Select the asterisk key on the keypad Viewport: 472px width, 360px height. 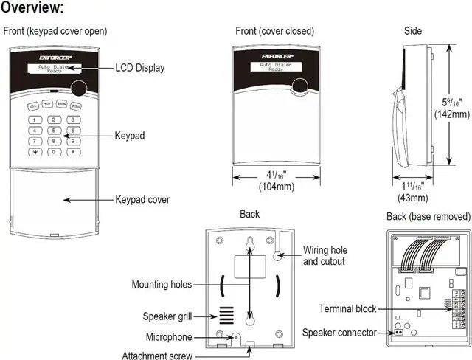34,151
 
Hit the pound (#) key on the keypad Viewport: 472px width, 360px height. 72,151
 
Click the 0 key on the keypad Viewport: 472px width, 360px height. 53,151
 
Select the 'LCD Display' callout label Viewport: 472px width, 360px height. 139,68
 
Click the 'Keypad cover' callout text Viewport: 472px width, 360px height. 142,199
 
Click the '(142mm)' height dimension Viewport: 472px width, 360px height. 451,114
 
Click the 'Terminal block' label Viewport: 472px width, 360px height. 347,308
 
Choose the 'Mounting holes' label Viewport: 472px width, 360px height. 161,284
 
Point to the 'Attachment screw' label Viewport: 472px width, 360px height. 157,356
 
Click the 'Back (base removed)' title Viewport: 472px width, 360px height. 428,216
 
